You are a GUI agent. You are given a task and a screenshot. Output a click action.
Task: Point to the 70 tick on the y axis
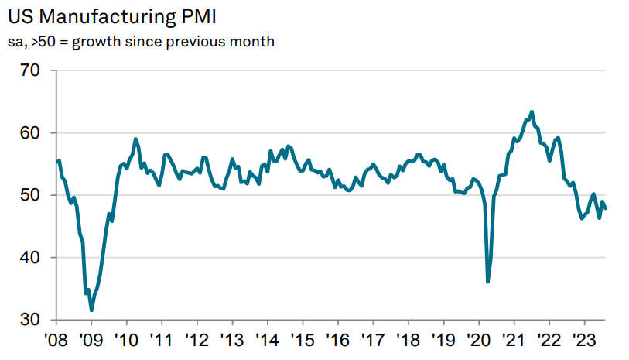point(39,71)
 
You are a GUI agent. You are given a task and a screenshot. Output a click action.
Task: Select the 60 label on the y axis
point(39,133)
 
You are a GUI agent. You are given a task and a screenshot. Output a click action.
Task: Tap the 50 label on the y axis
point(39,195)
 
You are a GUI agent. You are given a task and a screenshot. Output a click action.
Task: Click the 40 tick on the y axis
point(39,257)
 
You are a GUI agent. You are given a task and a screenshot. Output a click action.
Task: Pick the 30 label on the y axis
point(39,319)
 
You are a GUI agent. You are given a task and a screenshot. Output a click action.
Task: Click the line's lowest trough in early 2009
point(92,310)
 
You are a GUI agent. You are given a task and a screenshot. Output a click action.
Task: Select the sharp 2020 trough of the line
point(487,281)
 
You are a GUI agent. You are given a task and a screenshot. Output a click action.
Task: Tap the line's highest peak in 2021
point(532,111)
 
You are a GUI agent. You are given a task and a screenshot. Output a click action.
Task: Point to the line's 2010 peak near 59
point(135,139)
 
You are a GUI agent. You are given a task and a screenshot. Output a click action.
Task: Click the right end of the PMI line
point(605,207)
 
